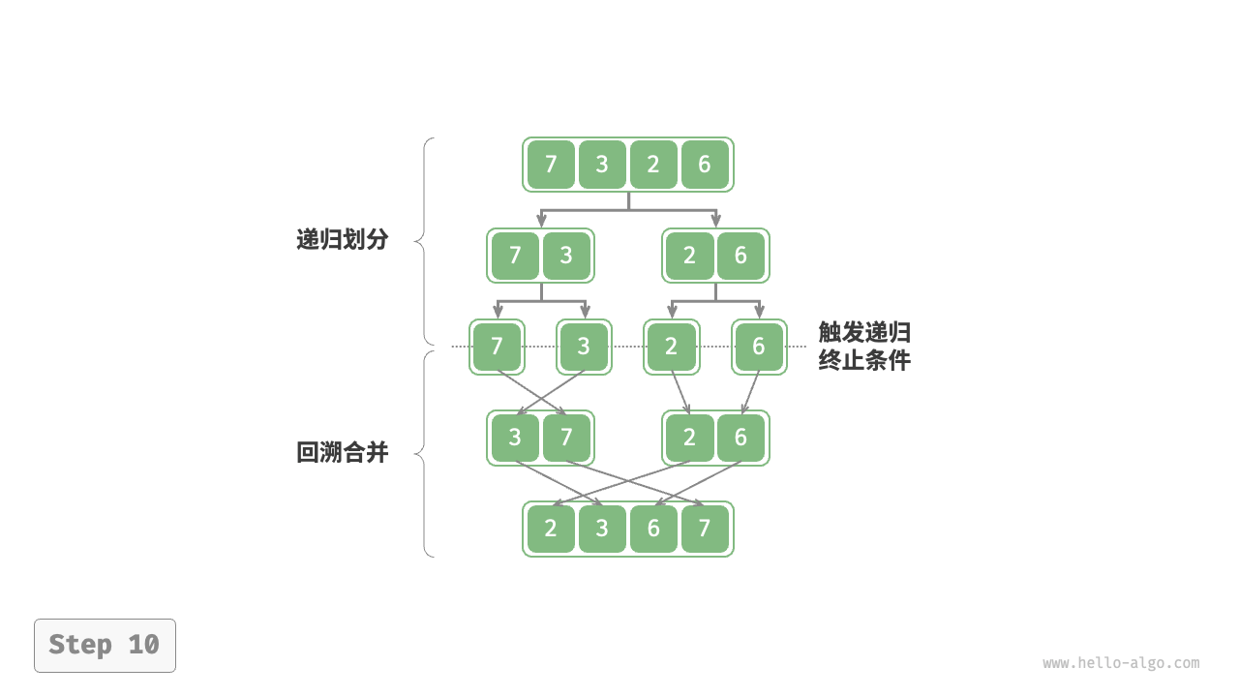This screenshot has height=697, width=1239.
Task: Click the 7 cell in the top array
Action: tap(551, 165)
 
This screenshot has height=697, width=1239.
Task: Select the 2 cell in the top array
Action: tap(653, 165)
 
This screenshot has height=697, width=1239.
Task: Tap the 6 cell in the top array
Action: tap(705, 165)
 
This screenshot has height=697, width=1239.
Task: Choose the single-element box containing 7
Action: tap(497, 347)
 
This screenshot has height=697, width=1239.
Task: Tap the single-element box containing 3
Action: tap(584, 347)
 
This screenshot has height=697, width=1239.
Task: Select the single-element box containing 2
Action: tap(671, 347)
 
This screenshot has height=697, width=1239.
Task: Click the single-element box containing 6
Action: tap(759, 347)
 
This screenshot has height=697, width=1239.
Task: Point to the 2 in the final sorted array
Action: tap(551, 529)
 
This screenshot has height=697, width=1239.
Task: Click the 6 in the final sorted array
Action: tap(653, 529)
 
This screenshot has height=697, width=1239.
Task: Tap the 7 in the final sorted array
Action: tap(705, 529)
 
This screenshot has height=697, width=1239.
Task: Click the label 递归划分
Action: tap(342, 240)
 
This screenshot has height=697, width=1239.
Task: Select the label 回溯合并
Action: tap(342, 452)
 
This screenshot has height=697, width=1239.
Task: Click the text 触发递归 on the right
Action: tap(864, 333)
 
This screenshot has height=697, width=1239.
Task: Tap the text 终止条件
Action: tap(864, 361)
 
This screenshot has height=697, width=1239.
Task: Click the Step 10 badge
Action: tap(105, 645)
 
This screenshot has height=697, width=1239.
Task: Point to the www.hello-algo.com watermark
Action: tap(1121, 663)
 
